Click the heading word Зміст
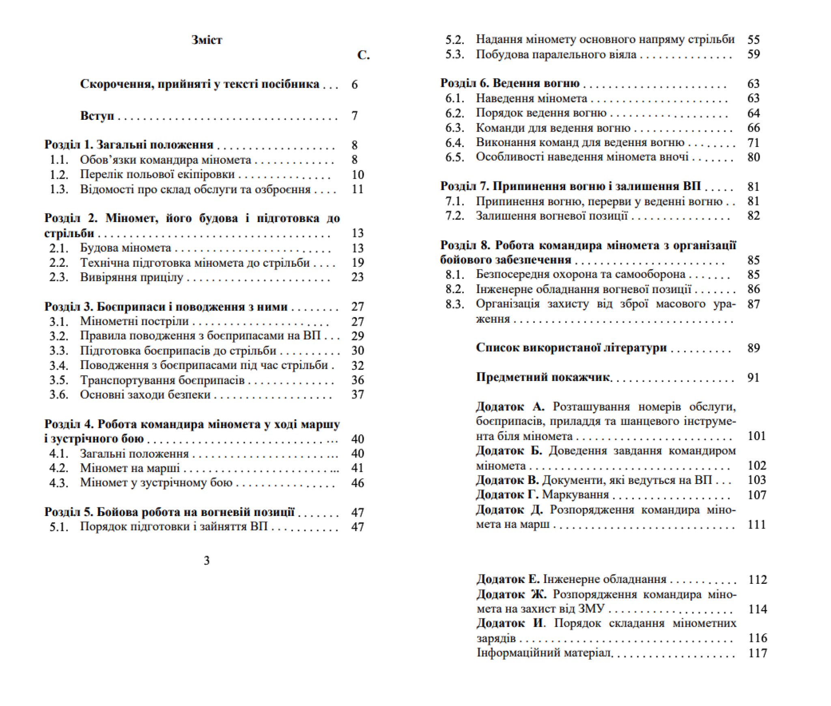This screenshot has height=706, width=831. coord(207,40)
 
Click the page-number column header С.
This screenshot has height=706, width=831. coord(363,55)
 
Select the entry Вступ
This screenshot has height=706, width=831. coord(97,116)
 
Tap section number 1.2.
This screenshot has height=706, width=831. coord(59,175)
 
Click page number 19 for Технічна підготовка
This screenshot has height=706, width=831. coord(357,263)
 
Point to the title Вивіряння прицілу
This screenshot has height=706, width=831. coord(131,277)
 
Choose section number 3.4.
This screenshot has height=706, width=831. coord(59,365)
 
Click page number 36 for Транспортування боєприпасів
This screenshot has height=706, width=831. coord(357,380)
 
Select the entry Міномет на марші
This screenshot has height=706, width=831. coord(130,468)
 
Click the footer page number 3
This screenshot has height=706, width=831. coord(207,561)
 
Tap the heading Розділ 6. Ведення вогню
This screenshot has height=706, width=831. coord(510,83)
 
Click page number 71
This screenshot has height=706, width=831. coord(753,142)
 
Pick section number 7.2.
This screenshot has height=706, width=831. coord(454,216)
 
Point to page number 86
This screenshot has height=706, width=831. coord(753,289)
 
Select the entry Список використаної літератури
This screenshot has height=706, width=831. coord(571,348)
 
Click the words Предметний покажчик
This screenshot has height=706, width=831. coord(543,377)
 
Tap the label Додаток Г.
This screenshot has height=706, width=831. coord(507,495)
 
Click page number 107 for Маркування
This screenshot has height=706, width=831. coord(756,495)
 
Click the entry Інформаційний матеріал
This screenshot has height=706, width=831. coord(544,653)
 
